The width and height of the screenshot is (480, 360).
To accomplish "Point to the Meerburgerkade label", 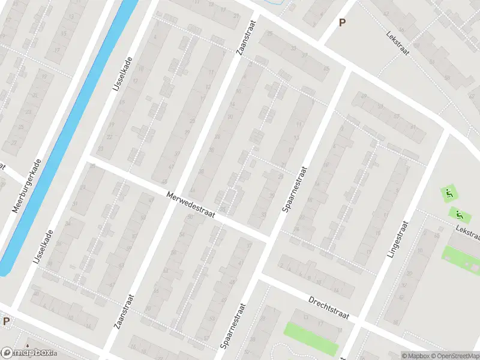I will click(26, 187).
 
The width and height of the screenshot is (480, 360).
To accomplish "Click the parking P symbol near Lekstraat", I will click(343, 23).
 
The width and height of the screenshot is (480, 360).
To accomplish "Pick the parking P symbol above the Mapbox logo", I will click(6, 322).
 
